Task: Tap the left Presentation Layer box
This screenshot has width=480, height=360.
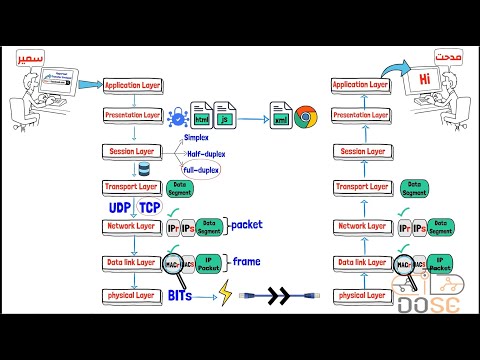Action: click(x=133, y=116)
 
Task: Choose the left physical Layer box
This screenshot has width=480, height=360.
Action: click(x=132, y=296)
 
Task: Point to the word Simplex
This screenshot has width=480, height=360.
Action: click(x=197, y=138)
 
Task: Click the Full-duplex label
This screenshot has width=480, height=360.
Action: click(x=201, y=169)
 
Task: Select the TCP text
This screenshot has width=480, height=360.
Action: click(x=148, y=208)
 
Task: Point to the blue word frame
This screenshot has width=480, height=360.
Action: click(x=244, y=262)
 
